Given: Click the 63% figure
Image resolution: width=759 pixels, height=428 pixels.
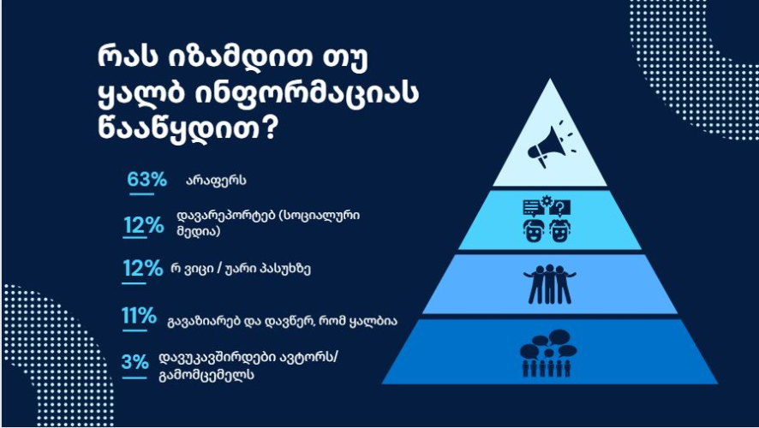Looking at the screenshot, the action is tap(146, 180).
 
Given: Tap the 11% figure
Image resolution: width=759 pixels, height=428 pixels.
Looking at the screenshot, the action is tap(139, 316).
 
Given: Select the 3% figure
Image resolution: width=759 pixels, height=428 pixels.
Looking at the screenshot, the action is tap(135, 362).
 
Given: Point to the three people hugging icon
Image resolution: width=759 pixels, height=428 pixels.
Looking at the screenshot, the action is tap(549, 284).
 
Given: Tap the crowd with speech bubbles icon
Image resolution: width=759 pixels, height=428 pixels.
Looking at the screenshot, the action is tap(548, 353).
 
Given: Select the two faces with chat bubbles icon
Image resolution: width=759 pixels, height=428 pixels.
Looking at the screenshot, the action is tap(547, 219).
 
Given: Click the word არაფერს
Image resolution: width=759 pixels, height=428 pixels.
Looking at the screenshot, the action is tap(217, 181).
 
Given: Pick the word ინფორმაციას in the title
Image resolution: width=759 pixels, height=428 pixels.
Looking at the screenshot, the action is tap(306, 92).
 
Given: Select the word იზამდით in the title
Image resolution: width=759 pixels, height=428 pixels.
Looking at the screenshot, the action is tap(241, 57).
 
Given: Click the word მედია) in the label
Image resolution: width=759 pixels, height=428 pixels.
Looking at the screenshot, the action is tap(199, 231).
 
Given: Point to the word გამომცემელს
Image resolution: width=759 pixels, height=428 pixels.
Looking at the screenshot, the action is tap(206, 375).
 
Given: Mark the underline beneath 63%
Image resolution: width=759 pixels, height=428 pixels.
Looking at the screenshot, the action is tap(142, 194).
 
